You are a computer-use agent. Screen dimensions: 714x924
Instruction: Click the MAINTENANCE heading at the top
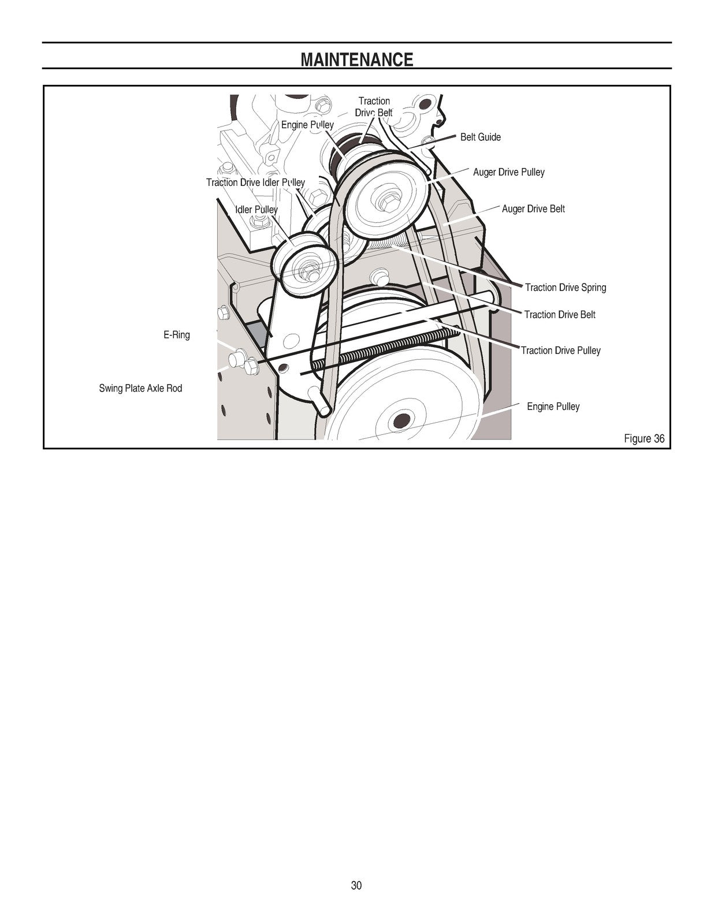(x=357, y=59)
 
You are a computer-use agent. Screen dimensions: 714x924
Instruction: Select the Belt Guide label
(x=481, y=137)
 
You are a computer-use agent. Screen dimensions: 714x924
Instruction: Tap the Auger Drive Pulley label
(x=508, y=172)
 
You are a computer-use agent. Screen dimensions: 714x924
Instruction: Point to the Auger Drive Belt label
(x=533, y=209)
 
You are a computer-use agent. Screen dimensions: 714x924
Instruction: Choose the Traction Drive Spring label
(x=566, y=288)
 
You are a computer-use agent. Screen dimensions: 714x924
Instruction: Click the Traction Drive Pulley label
(x=560, y=351)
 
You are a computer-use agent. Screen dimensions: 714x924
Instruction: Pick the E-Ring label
(x=177, y=335)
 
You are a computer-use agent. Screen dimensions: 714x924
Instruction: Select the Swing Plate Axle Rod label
(x=140, y=388)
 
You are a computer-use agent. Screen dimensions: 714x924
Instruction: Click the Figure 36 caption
(x=644, y=438)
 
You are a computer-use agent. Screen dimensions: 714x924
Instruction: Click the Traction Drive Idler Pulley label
(x=255, y=182)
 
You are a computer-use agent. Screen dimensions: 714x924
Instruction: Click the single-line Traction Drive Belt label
(x=560, y=315)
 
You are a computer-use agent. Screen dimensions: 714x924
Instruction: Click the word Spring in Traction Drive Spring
(x=594, y=288)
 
